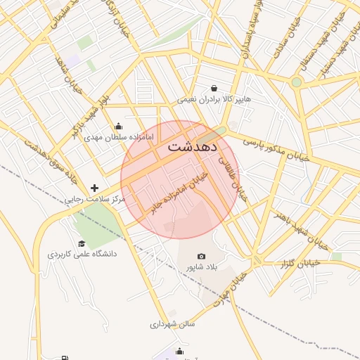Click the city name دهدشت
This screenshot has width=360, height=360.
click(193, 148)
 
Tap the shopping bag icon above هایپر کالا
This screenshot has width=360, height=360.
click(214, 89)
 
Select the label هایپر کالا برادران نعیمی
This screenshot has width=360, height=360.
click(214, 99)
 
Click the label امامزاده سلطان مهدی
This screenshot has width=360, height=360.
click(118, 137)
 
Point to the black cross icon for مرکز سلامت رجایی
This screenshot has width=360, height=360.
click(95, 188)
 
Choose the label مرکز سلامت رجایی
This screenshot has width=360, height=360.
click(95, 200)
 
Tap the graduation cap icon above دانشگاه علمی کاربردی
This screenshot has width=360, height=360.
click(82, 243)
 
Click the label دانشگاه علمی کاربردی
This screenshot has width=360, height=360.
click(82, 253)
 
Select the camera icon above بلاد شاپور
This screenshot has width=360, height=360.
click(202, 257)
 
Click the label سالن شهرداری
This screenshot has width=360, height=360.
click(172, 324)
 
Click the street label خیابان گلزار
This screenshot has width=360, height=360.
click(300, 263)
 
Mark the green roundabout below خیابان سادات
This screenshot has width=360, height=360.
click(296, 82)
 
